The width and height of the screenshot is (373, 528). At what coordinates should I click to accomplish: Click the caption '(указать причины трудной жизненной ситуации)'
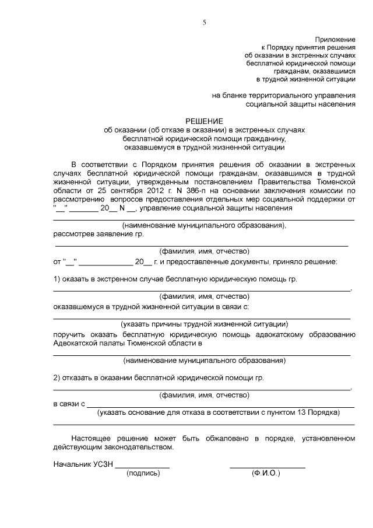tap(205, 324)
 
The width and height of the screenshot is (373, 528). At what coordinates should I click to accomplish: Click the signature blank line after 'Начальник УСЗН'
tap(142, 468)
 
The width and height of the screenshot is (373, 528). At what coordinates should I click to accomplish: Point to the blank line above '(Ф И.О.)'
tap(267, 468)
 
